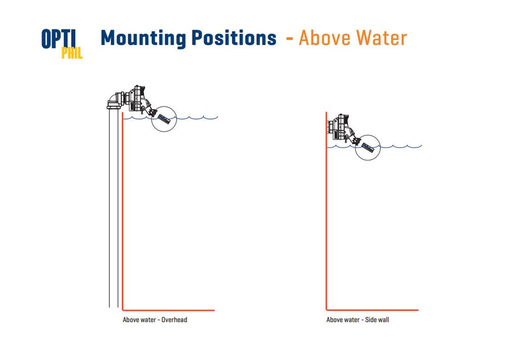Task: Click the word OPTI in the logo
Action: click(59, 39)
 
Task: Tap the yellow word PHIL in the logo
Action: click(72, 53)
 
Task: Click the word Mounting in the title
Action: click(144, 38)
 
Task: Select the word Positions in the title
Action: click(234, 38)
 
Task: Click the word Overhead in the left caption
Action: click(174, 319)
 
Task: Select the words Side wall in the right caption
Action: click(377, 319)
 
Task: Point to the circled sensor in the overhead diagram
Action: click(164, 119)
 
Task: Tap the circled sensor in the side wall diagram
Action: click(367, 148)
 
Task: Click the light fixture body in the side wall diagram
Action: click(341, 127)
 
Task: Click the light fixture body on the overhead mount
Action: click(136, 98)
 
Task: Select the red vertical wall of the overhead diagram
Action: click(123, 211)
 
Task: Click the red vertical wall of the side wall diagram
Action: click(326, 211)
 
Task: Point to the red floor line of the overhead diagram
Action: click(168, 310)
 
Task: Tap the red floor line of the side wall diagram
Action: click(372, 310)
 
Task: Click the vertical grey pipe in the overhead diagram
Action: click(113, 208)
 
